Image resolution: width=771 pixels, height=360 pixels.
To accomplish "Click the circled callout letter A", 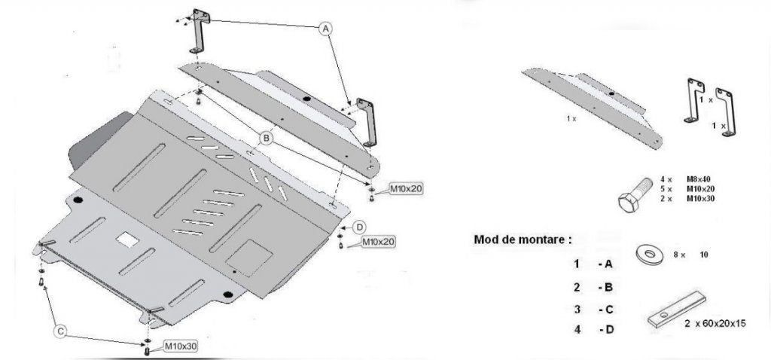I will click(325, 28).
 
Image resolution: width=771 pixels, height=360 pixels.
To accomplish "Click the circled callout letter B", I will click(266, 138).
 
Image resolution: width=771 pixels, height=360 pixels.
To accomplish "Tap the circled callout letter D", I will click(360, 226).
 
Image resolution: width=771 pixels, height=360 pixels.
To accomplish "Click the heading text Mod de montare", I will click(522, 239).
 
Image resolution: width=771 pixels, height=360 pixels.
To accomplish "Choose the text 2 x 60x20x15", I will click(715, 323).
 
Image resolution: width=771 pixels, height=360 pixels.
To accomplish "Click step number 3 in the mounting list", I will click(576, 308).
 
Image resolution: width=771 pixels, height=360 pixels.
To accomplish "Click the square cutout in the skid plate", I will click(127, 239).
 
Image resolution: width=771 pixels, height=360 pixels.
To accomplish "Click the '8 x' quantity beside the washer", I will click(677, 256).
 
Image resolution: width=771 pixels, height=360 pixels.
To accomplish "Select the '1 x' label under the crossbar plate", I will click(571, 119).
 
